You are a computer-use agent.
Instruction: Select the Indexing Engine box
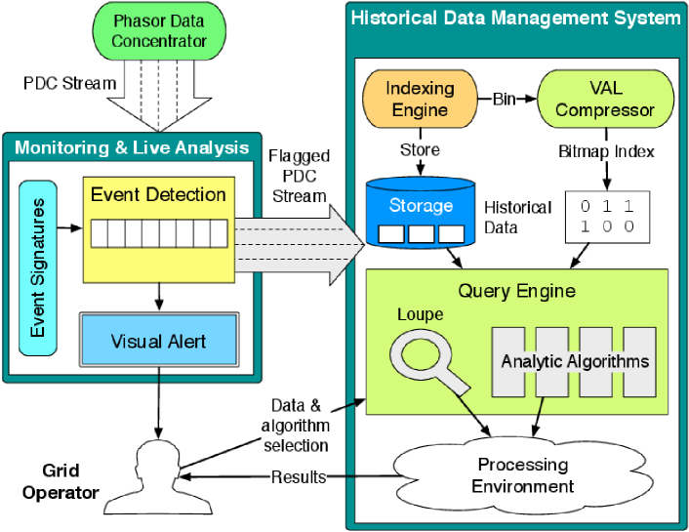[x=420, y=100]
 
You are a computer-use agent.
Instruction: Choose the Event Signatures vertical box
[x=37, y=266]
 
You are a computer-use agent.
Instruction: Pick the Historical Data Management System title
[x=514, y=18]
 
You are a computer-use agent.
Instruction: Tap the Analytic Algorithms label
[x=575, y=361]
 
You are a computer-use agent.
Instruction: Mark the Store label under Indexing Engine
[x=420, y=150]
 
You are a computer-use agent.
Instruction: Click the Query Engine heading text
[x=516, y=290]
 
